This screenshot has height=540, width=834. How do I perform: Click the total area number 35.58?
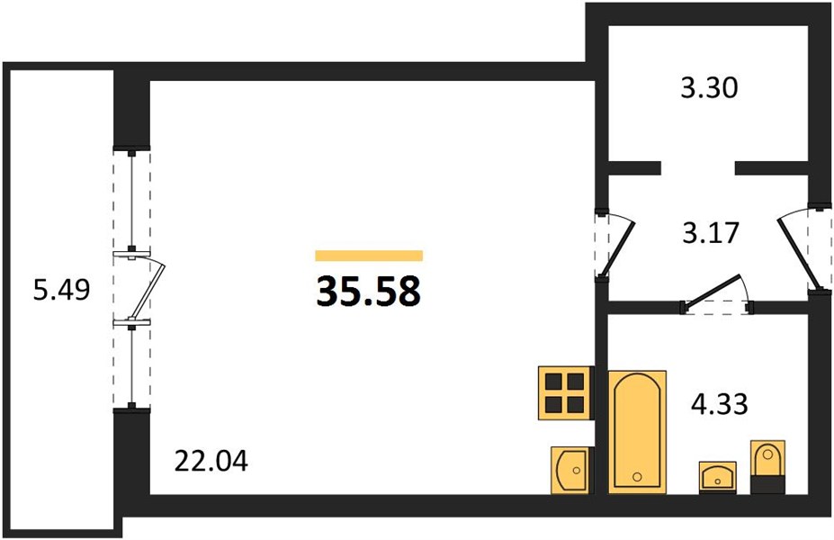tap(368, 292)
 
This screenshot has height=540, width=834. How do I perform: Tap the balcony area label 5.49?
tap(62, 291)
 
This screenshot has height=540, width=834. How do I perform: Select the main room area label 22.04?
tap(211, 462)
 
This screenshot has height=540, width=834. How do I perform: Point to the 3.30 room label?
tap(709, 88)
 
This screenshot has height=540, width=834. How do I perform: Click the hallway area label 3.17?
tap(711, 232)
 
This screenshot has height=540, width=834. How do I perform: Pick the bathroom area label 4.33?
tap(719, 404)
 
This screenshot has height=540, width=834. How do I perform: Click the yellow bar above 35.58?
tap(369, 256)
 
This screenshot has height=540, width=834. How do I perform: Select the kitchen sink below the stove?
tap(570, 470)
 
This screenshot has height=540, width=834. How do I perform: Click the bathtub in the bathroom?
tap(637, 431)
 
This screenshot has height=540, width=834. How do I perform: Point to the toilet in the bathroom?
tap(767, 459)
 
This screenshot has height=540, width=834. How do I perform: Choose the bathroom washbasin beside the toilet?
tap(718, 477)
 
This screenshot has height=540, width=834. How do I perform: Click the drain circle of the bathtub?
tap(637, 476)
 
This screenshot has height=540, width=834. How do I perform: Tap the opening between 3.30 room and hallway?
tap(698, 168)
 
